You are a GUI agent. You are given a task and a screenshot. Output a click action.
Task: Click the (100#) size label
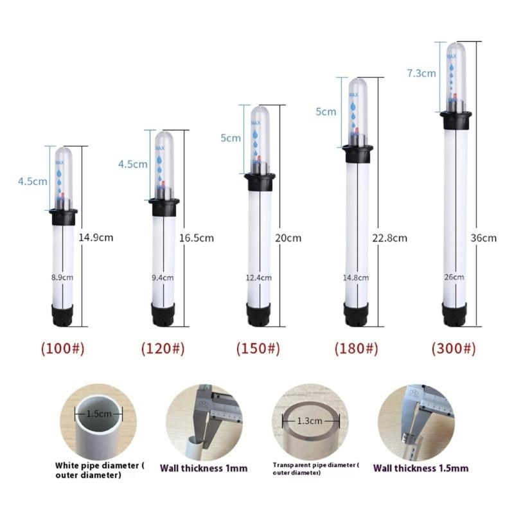pyautogui.click(x=62, y=349)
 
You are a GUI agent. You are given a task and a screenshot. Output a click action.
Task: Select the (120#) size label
pyautogui.click(x=163, y=349)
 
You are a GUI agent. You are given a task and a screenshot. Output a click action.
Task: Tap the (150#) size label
pyautogui.click(x=259, y=349)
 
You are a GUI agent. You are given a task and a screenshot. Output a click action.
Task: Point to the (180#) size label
pyautogui.click(x=355, y=349)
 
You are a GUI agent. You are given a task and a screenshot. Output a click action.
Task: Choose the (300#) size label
pyautogui.click(x=454, y=349)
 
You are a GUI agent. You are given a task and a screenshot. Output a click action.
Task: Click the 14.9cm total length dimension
pyautogui.click(x=96, y=237)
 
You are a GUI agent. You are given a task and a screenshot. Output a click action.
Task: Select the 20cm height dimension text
pyautogui.click(x=288, y=238)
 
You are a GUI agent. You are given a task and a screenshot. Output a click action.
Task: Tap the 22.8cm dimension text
pyautogui.click(x=390, y=238)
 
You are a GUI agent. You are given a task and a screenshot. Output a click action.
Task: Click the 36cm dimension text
pyautogui.click(x=484, y=238)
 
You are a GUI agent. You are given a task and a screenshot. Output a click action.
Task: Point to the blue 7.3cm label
pyautogui.click(x=421, y=73)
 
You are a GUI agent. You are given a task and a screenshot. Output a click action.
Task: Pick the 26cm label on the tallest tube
pyautogui.click(x=454, y=277)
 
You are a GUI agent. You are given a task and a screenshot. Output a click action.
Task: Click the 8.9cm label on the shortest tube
pyautogui.click(x=62, y=278)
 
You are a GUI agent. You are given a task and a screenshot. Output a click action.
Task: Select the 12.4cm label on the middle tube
pyautogui.click(x=259, y=278)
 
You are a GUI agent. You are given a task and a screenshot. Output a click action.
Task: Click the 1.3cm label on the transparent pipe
pyautogui.click(x=310, y=421)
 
